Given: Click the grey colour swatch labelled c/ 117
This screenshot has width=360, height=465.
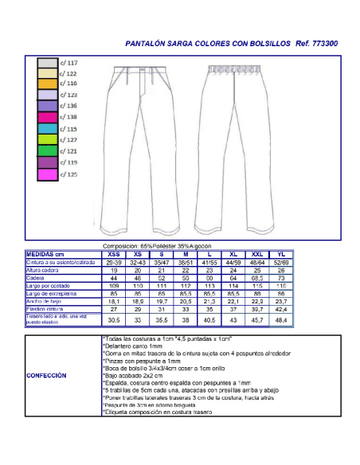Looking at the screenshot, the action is point(47,62).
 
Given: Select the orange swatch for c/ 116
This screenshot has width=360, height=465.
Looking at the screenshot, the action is point(47,84).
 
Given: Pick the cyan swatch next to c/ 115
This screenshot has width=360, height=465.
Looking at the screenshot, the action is point(47,128).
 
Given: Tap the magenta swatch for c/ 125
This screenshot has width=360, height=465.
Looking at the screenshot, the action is point(47,174).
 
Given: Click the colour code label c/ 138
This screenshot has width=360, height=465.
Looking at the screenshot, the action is point(68,117).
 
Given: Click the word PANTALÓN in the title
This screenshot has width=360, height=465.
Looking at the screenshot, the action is point(148,45).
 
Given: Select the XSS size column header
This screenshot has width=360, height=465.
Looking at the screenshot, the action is point(114,253).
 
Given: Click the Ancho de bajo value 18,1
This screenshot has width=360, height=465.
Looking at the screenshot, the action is point(114,302).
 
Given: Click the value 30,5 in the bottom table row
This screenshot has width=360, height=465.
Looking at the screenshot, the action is point(114,320).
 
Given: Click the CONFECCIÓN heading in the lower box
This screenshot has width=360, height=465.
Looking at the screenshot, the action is point(47,375).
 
